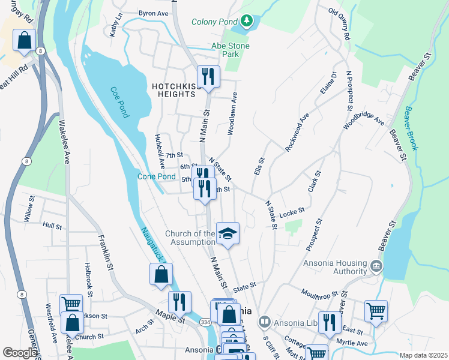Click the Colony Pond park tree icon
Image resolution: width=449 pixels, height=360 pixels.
247,22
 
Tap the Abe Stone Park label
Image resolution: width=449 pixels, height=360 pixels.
230,50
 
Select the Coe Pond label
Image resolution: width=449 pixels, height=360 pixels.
119,103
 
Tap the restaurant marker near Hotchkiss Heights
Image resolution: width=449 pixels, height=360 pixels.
208,76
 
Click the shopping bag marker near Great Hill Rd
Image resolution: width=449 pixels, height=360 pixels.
24,41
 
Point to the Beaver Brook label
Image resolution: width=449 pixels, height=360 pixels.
414,120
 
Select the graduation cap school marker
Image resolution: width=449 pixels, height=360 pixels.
228,233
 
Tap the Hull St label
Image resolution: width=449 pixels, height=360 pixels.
52,226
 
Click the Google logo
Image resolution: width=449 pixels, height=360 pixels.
20,353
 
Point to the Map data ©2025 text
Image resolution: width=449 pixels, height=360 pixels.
423,355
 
